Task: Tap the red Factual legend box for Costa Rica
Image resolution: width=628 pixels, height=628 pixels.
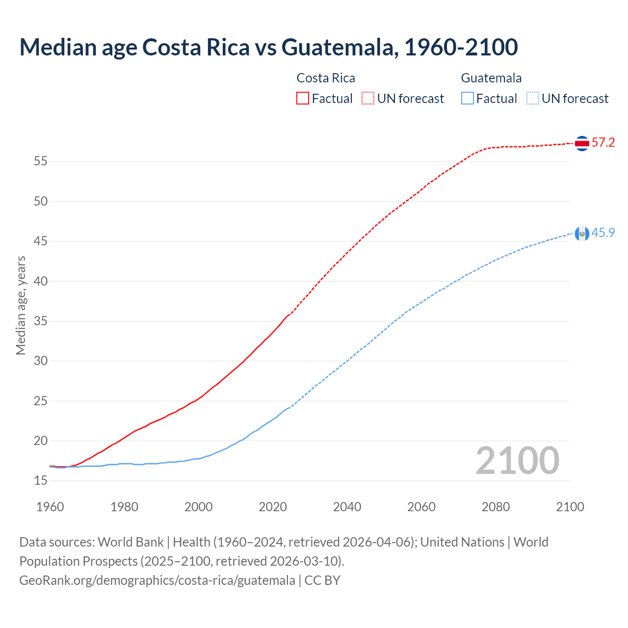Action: (x=303, y=99)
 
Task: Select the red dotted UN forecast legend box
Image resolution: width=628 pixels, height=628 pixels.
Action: (x=368, y=99)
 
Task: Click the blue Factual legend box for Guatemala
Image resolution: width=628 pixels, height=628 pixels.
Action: (x=468, y=99)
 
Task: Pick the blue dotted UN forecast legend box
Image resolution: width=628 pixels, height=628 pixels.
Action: (x=533, y=99)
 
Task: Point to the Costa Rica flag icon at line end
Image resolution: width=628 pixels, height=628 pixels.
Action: (x=582, y=143)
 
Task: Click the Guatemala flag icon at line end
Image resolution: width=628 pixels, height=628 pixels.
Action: (x=582, y=234)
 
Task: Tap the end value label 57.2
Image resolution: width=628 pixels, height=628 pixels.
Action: (x=603, y=143)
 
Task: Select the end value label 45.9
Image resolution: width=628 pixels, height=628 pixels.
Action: (x=603, y=233)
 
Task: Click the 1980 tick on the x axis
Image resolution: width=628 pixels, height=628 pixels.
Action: (x=124, y=507)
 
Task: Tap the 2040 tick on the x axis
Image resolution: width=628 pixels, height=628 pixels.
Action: (x=347, y=507)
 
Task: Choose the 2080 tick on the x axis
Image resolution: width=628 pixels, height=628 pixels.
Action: (x=496, y=507)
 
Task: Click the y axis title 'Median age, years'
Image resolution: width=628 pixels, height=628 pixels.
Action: (x=21, y=305)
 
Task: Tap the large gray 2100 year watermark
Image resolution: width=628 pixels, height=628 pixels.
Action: (x=517, y=460)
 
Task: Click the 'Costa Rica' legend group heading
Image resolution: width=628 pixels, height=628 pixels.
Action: (x=326, y=78)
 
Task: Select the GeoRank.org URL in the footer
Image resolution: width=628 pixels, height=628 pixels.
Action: (x=157, y=580)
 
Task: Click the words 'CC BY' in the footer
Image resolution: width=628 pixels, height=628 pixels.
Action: (x=322, y=580)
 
